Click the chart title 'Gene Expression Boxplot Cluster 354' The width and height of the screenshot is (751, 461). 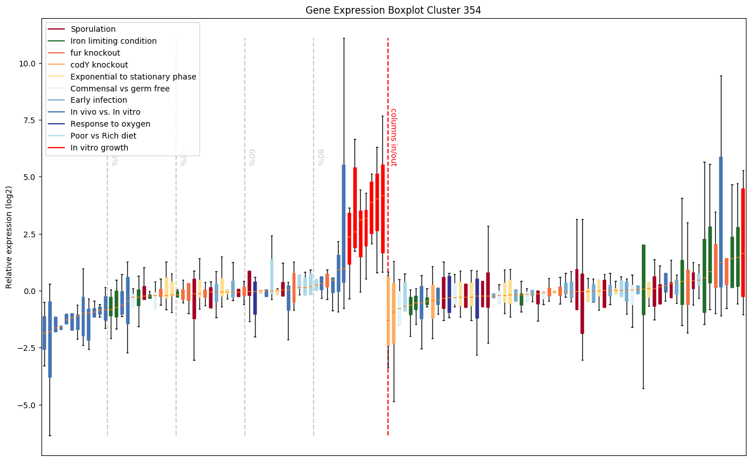click(393, 10)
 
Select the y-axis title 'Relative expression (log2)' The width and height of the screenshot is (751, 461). click(9, 236)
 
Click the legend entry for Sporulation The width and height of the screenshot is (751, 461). click(93, 29)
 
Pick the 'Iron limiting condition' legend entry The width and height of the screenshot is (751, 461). click(113, 41)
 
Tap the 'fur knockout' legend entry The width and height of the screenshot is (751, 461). click(95, 53)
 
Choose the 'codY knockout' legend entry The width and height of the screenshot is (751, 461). click(99, 65)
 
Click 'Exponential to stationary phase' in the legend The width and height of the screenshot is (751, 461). click(133, 77)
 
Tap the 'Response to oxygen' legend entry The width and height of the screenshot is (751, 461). click(110, 124)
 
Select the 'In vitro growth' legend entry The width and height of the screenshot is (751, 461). click(99, 148)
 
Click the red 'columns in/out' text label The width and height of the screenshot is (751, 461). click(393, 137)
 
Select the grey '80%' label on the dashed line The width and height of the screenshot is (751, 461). click(321, 157)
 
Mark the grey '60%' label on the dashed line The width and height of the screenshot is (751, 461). click(252, 157)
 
